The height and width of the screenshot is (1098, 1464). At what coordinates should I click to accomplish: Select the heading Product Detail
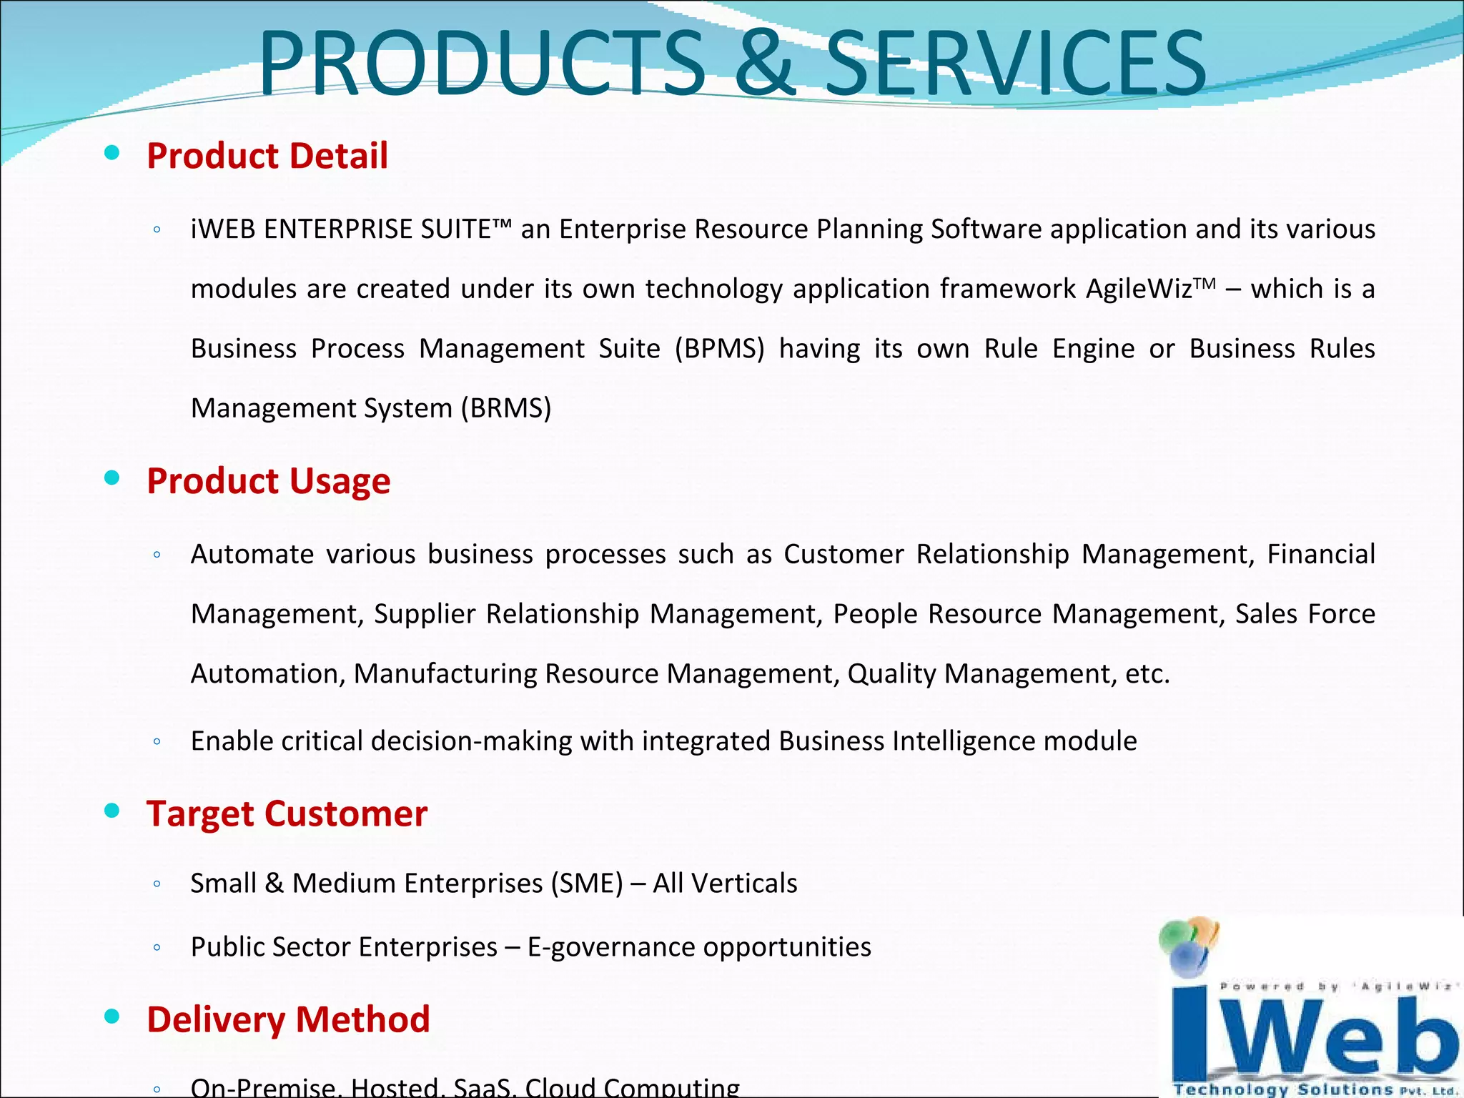pos(267,156)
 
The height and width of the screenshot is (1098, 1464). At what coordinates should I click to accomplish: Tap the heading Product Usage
pos(269,480)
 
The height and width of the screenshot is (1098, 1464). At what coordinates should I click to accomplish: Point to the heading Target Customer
pos(287,813)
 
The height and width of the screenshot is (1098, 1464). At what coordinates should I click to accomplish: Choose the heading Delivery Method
pos(288,1019)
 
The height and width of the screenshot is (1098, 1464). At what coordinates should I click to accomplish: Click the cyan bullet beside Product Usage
pos(112,478)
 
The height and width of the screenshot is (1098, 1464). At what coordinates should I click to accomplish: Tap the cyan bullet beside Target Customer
pos(112,811)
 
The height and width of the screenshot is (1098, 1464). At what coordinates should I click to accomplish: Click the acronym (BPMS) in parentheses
pos(719,349)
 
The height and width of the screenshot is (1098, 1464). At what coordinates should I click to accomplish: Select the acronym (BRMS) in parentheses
pos(506,408)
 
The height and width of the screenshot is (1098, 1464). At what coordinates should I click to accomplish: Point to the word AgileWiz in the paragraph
pos(1139,290)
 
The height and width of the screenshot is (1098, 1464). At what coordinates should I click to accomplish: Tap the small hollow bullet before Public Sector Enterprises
pos(157,949)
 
